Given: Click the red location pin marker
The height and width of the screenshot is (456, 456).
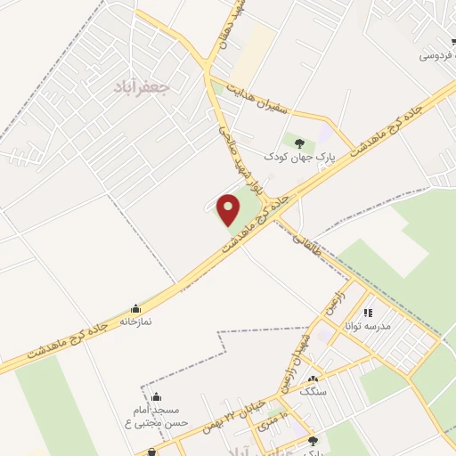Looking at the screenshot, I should pyautogui.click(x=229, y=209).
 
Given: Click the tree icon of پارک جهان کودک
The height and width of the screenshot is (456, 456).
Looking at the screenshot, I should pyautogui.click(x=299, y=142).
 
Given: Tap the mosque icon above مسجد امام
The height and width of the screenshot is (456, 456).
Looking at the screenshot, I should pyautogui.click(x=157, y=396).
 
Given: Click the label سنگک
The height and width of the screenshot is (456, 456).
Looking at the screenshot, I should pyautogui.click(x=313, y=391).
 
